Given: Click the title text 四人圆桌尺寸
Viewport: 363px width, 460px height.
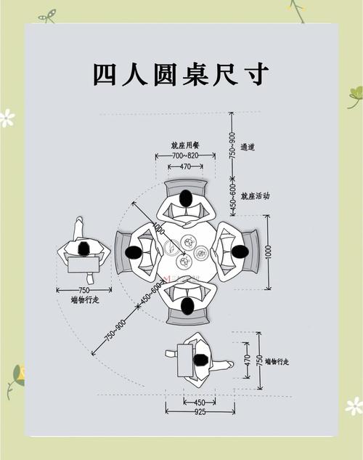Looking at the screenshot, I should [181, 75].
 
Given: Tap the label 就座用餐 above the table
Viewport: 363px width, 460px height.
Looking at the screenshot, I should [185, 145].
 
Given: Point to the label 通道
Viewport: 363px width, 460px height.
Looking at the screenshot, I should [247, 147].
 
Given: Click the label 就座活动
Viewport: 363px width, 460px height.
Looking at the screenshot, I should [255, 195].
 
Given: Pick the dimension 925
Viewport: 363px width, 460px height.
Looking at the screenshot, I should [200, 412].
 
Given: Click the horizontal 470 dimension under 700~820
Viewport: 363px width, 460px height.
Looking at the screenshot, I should [185, 166].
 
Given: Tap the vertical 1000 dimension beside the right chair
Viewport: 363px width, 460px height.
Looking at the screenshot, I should [268, 252].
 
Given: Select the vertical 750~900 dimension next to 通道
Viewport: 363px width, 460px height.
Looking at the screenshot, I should [232, 145].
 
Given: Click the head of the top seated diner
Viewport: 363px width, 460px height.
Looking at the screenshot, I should [187, 198].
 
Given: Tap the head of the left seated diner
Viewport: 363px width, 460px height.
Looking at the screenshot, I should [133, 252].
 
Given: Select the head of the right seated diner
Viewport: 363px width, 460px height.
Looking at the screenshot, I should [240, 251].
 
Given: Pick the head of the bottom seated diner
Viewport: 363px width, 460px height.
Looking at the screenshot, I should [187, 306].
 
